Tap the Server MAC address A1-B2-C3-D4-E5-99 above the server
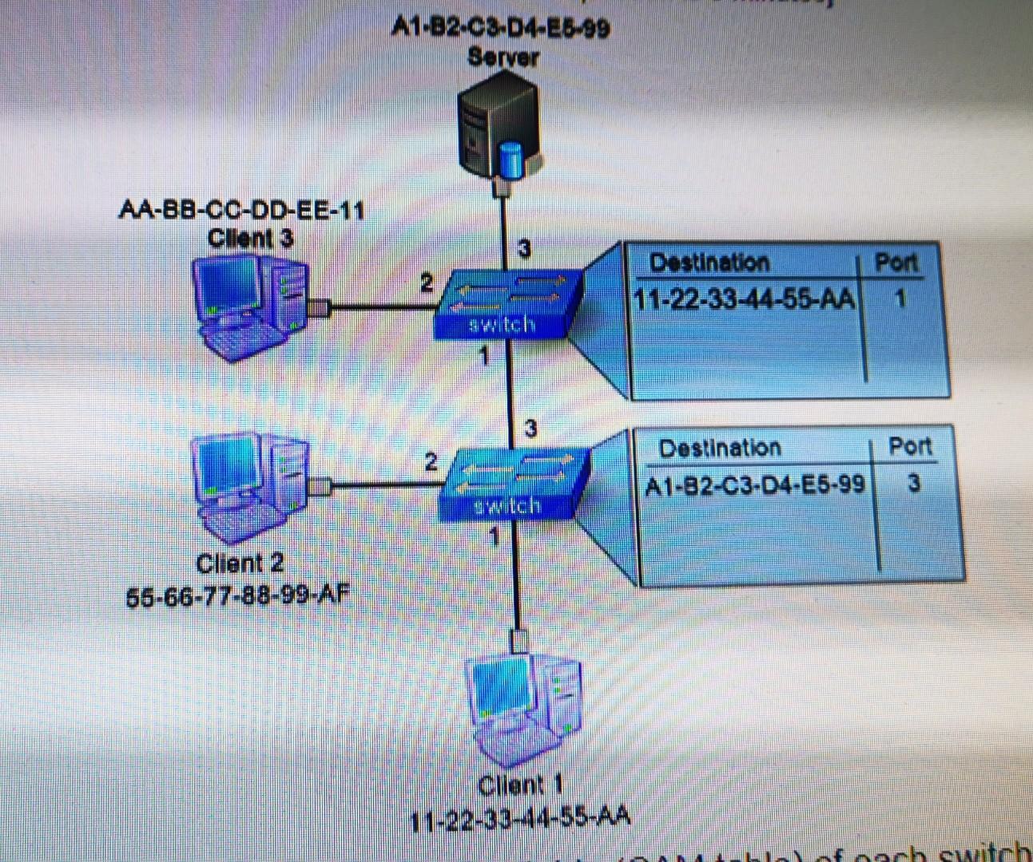click(501, 29)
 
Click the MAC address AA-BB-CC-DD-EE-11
click(241, 211)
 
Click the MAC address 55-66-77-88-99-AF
click(238, 595)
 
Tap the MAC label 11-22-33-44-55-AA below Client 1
click(520, 817)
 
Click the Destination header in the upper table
click(709, 263)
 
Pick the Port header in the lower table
click(910, 446)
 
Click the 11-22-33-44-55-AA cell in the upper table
click(744, 300)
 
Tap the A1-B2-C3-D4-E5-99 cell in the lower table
click(754, 484)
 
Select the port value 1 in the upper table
click(900, 299)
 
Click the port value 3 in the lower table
click(914, 483)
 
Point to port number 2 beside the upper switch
click(427, 283)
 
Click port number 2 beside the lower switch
click(431, 461)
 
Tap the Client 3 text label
click(250, 238)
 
